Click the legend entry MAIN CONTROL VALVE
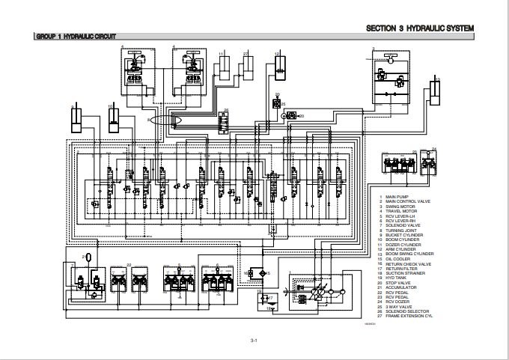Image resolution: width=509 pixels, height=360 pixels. [408, 201]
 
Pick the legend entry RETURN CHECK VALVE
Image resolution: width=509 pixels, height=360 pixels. [408, 263]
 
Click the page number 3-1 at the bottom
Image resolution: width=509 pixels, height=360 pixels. [254, 341]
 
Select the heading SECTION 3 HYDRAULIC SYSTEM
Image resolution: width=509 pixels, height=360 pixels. [420, 28]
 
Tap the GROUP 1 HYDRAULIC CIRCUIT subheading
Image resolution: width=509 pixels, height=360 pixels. [76, 37]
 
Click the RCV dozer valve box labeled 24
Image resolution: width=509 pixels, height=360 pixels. [428, 162]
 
